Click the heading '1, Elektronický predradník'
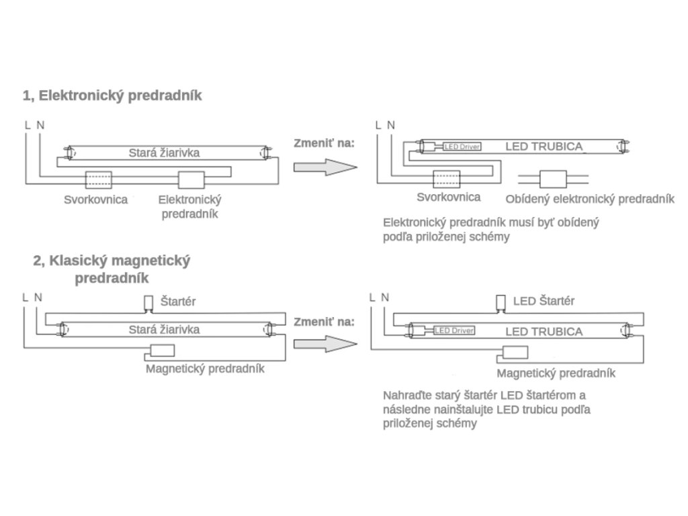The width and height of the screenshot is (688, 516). (x=112, y=95)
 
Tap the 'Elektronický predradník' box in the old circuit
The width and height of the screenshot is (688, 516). (x=191, y=180)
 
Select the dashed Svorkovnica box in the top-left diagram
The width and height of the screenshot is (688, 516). (x=98, y=180)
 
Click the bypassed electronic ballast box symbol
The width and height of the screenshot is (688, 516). (x=554, y=179)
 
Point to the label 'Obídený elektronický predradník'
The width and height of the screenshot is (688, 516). (x=589, y=199)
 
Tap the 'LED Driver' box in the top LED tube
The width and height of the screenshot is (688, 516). (x=462, y=146)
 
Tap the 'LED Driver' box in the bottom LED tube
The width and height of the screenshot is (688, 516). (x=454, y=331)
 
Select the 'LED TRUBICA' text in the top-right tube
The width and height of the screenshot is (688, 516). (x=544, y=146)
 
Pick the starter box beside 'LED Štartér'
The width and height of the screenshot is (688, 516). (x=500, y=302)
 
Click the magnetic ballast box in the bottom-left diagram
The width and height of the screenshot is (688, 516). (x=162, y=350)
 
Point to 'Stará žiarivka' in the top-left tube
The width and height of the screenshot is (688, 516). (x=164, y=153)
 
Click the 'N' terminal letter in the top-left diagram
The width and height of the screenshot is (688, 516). (x=41, y=125)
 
